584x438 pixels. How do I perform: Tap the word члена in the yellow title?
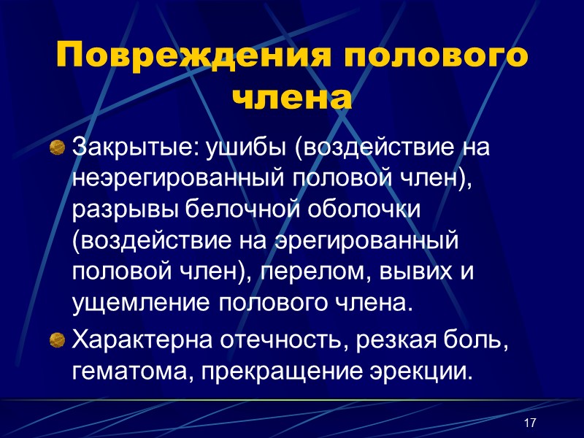tap(291, 97)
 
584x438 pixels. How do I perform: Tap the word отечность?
tap(274, 338)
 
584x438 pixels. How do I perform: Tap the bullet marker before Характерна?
tap(56, 339)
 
